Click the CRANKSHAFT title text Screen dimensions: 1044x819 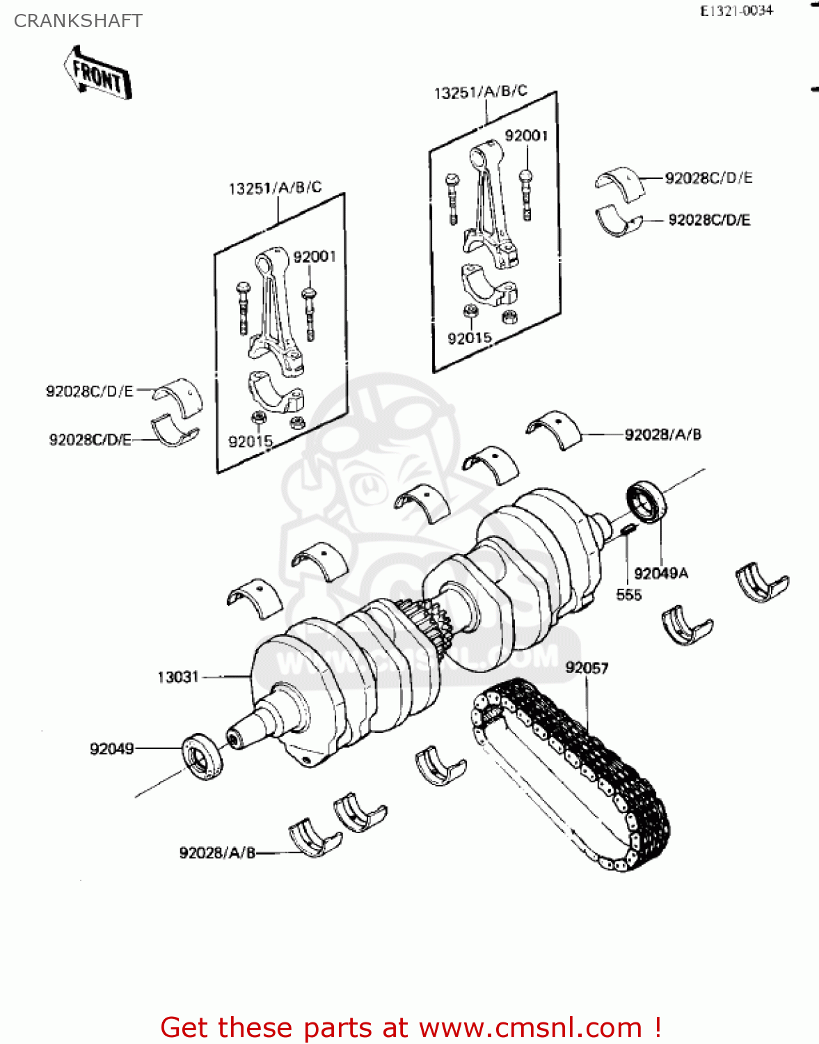pyautogui.click(x=78, y=21)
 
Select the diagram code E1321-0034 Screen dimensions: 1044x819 pyautogui.click(x=736, y=10)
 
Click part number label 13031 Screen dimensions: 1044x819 pyautogui.click(x=178, y=677)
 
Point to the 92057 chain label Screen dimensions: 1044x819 pyautogui.click(x=587, y=668)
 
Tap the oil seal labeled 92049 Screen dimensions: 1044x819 pyautogui.click(x=202, y=756)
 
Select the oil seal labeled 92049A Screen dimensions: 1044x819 pyautogui.click(x=646, y=502)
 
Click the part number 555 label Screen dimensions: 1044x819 pyautogui.click(x=628, y=594)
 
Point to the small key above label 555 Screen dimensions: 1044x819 pyautogui.click(x=626, y=530)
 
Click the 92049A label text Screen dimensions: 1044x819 pyautogui.click(x=661, y=574)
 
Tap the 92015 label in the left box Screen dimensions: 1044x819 pyautogui.click(x=251, y=441)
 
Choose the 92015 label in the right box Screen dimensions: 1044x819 pyautogui.click(x=470, y=338)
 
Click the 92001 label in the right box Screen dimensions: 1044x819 pyautogui.click(x=526, y=136)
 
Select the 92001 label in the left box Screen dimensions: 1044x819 pyautogui.click(x=315, y=257)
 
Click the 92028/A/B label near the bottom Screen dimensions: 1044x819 pyautogui.click(x=217, y=853)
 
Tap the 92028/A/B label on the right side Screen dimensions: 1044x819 pyautogui.click(x=662, y=435)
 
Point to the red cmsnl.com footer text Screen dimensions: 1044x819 pyautogui.click(x=411, y=1027)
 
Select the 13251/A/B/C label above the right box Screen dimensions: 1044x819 pyautogui.click(x=480, y=92)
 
